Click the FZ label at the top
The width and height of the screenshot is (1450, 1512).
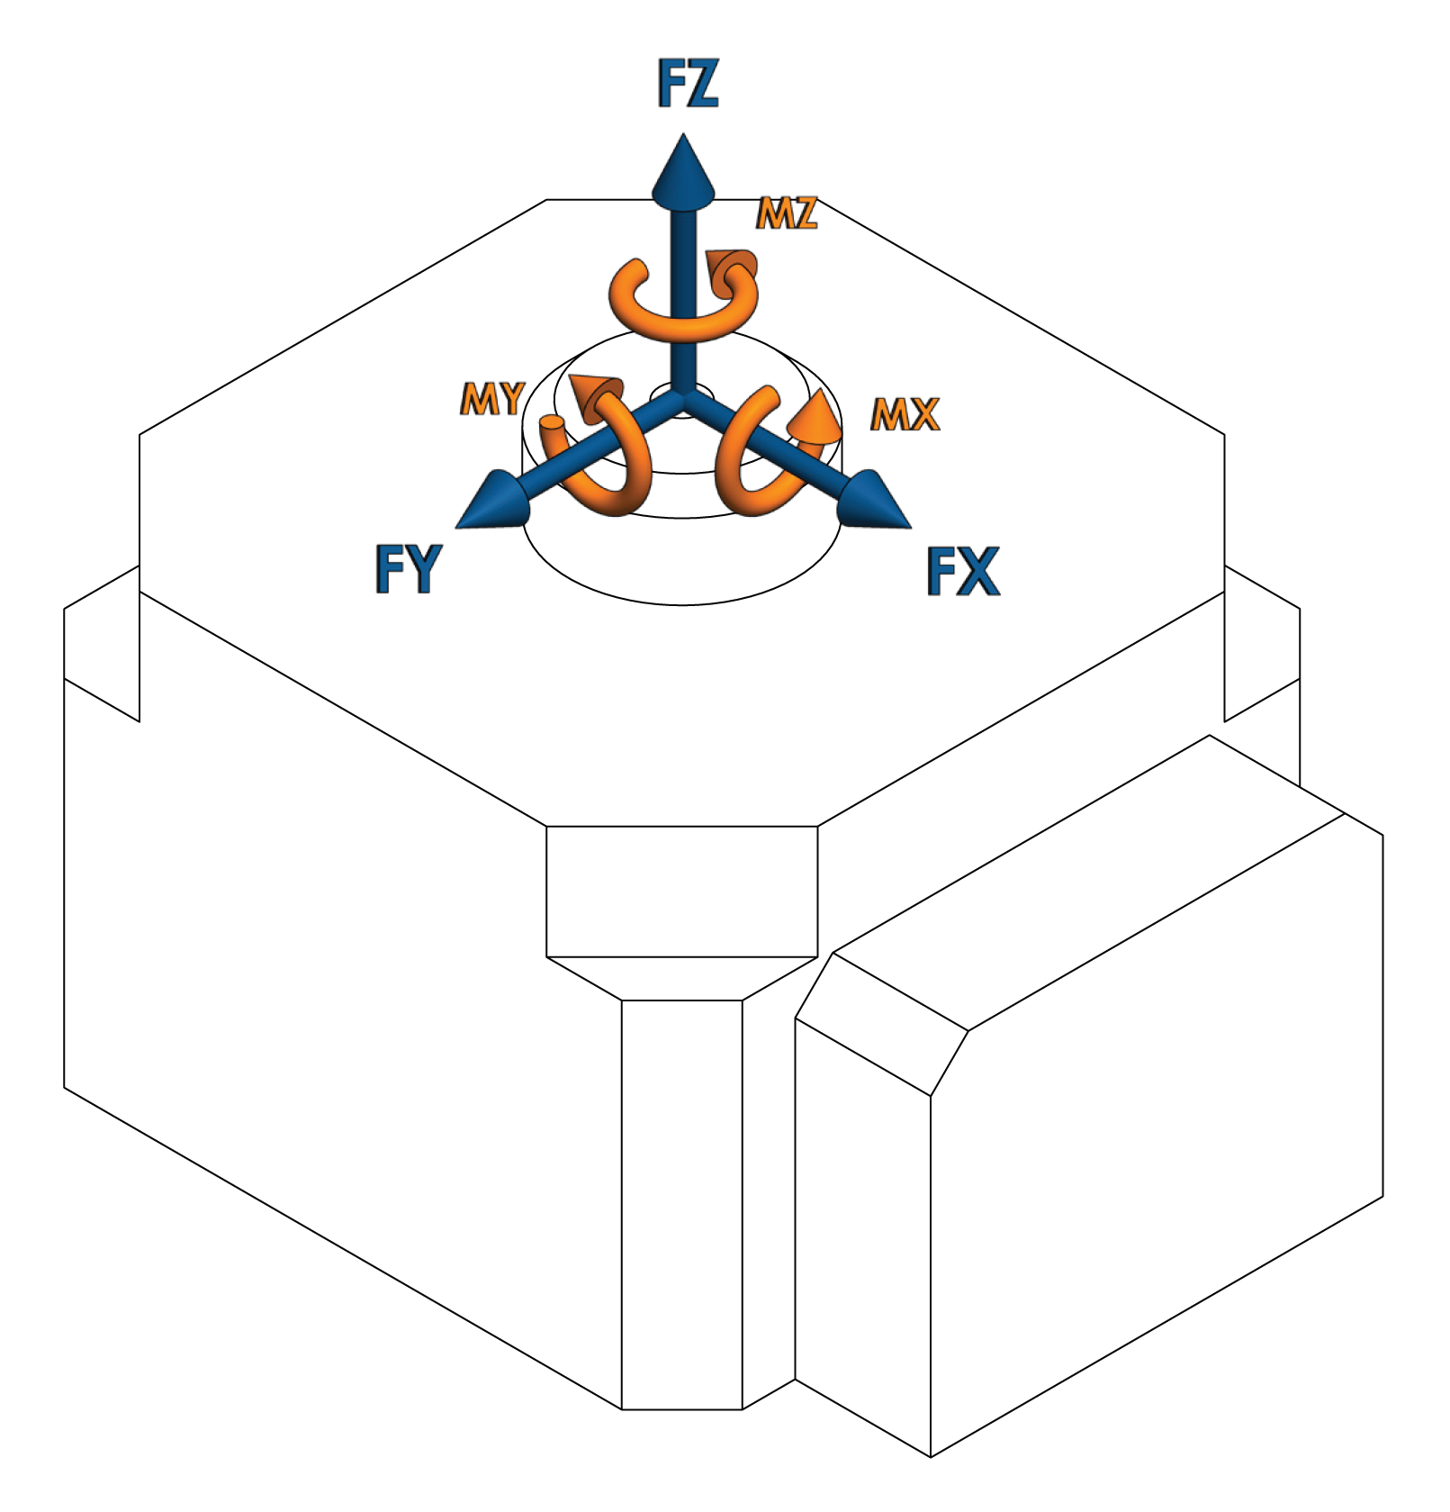[688, 84]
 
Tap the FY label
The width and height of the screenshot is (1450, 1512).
[408, 569]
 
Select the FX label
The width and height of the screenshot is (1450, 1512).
[962, 571]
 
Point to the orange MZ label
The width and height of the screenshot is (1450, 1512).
[787, 213]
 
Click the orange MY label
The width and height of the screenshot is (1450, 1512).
[492, 398]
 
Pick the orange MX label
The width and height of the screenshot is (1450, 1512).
[905, 414]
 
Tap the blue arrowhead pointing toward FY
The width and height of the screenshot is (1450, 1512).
[493, 501]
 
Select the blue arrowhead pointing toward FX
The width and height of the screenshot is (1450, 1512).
[873, 501]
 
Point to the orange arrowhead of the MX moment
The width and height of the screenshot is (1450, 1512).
[815, 419]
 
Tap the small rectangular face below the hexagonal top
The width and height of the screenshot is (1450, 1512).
[682, 892]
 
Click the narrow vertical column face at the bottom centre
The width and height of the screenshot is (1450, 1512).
[682, 1204]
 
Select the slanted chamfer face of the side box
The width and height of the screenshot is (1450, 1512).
[881, 1024]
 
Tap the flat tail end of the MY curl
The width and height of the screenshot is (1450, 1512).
[552, 424]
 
